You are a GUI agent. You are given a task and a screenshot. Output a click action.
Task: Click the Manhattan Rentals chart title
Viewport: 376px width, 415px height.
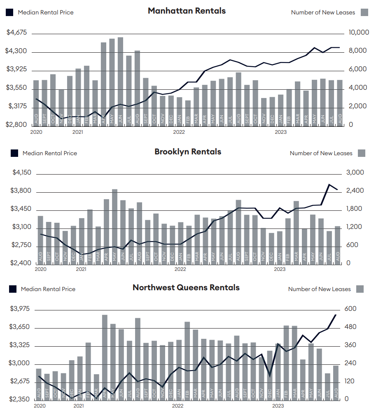point(187,11)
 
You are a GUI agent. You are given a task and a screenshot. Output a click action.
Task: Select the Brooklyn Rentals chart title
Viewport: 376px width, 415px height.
point(188,152)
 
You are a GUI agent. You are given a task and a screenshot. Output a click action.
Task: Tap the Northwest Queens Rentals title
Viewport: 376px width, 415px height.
point(186,288)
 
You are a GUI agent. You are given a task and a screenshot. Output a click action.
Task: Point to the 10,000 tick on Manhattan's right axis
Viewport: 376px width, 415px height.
point(359,33)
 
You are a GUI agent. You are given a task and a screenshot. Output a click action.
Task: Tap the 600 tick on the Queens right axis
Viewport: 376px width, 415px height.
point(350,309)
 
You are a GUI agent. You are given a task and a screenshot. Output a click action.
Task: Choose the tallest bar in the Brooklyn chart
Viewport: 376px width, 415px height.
point(114,226)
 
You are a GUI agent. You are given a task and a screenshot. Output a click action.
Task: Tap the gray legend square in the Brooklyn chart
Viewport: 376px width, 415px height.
point(362,153)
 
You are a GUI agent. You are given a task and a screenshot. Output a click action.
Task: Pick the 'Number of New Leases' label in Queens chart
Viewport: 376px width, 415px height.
point(319,289)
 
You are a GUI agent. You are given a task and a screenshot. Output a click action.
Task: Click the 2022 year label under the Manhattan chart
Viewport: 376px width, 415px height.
point(179,132)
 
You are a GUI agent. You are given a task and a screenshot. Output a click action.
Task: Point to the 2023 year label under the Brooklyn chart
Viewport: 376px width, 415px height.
point(280,269)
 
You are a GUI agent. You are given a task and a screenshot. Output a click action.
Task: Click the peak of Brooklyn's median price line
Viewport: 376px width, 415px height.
point(329,184)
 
